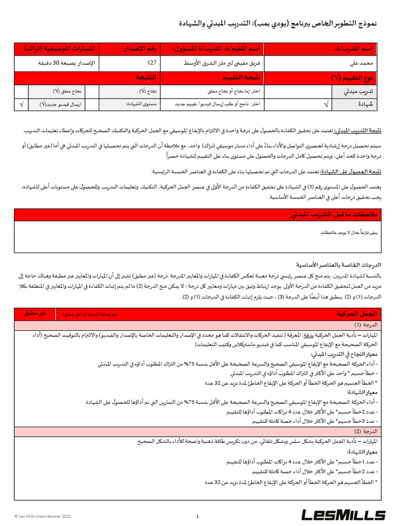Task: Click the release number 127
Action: point(152,63)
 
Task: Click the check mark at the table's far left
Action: point(21,104)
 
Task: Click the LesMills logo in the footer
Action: point(343,514)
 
